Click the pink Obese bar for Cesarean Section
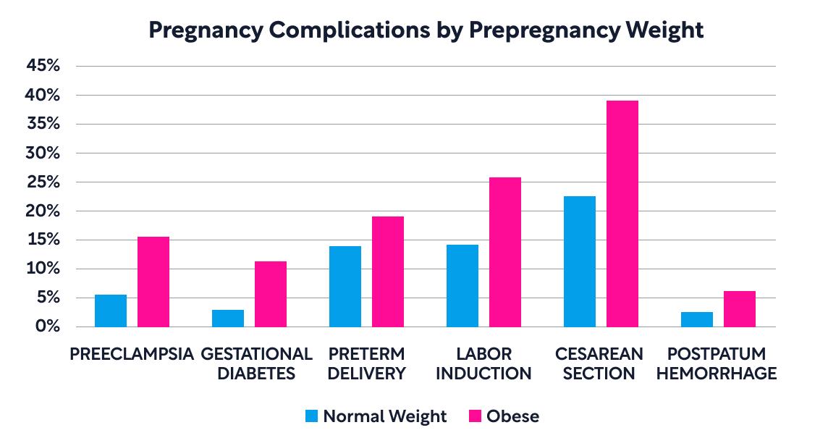pyautogui.click(x=622, y=214)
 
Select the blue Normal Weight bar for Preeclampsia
pyautogui.click(x=111, y=311)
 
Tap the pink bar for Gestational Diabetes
pyautogui.click(x=271, y=294)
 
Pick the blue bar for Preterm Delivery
pyautogui.click(x=345, y=287)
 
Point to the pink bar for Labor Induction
pyautogui.click(x=504, y=252)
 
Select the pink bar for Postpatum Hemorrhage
pyautogui.click(x=740, y=309)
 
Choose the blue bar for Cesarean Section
pyautogui.click(x=580, y=261)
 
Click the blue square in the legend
pyautogui.click(x=311, y=416)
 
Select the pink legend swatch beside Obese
pyautogui.click(x=476, y=416)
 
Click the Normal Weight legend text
pyautogui.click(x=384, y=416)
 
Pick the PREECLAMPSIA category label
pyautogui.click(x=132, y=354)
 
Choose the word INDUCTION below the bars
pyautogui.click(x=484, y=374)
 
